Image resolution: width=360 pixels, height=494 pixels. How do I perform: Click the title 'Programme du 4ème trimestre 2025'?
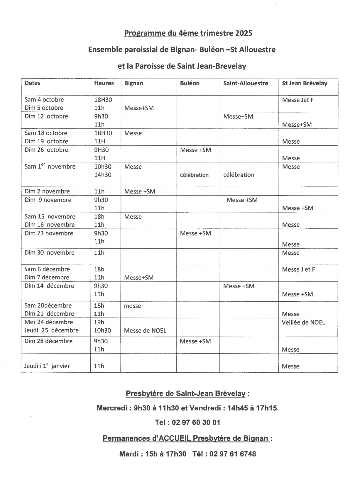188,33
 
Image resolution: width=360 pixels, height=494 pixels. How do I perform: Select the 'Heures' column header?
104,83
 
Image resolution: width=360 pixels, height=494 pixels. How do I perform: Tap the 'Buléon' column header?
190,83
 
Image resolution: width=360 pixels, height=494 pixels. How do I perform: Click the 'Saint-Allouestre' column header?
246,83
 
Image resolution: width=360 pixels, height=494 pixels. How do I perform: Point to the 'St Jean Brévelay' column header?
305,83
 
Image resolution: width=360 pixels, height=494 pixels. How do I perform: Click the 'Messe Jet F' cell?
298,100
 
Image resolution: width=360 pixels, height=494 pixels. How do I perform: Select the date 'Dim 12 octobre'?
46,116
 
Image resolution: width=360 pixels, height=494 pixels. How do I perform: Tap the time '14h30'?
103,175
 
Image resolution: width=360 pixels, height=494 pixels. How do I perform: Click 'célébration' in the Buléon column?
194,175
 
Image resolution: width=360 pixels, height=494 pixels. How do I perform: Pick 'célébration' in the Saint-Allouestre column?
239,175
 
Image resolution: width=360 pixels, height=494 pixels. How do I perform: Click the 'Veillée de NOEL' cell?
303,322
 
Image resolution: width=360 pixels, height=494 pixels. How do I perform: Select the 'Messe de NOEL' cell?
145,331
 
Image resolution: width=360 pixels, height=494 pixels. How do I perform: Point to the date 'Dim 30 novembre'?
50,253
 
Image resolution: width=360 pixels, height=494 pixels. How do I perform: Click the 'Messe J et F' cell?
298,269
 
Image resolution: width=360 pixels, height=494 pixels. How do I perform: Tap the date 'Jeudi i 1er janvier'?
47,366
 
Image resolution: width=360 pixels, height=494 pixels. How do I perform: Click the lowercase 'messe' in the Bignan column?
132,306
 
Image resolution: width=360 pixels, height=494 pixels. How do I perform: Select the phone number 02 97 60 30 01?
196,422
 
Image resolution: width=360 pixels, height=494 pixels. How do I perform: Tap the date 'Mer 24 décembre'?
49,322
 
